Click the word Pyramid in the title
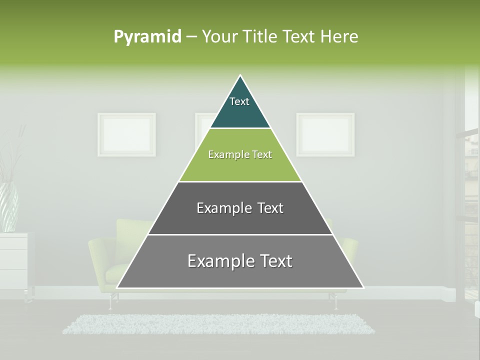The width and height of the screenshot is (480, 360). pyautogui.click(x=147, y=37)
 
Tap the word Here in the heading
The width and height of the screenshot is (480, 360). pyautogui.click(x=339, y=37)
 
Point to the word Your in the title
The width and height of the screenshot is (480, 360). pyautogui.click(x=220, y=37)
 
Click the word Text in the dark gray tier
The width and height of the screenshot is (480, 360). pyautogui.click(x=270, y=208)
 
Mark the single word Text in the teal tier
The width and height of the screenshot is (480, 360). pyautogui.click(x=239, y=101)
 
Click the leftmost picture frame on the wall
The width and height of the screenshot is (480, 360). pyautogui.click(x=126, y=134)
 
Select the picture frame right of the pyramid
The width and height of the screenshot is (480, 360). pyautogui.click(x=325, y=134)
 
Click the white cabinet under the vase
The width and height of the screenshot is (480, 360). pyautogui.click(x=14, y=260)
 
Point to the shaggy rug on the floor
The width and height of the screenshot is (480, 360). pyautogui.click(x=218, y=324)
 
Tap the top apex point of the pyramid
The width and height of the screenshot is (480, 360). pyautogui.click(x=240, y=76)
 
